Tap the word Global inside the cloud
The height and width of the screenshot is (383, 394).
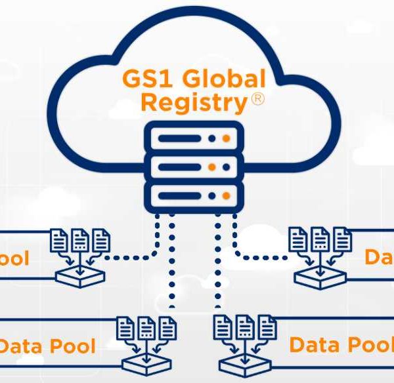pos(225,80)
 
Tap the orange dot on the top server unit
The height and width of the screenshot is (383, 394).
pos(227,138)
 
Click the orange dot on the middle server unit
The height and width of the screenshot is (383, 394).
pos(227,167)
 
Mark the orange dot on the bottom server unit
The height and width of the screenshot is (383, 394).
pos(227,195)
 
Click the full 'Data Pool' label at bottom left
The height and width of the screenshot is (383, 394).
pos(47,346)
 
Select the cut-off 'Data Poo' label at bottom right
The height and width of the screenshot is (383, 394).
pos(341,344)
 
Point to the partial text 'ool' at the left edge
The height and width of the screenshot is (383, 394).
pos(14,258)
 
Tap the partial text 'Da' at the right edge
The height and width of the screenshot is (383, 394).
pos(379,256)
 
